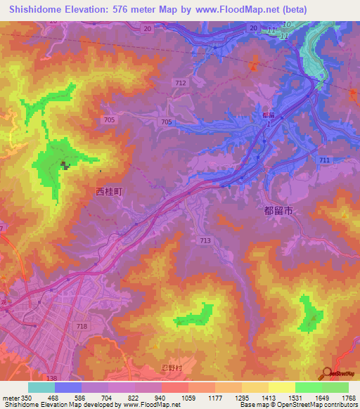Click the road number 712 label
pyautogui.click(x=181, y=83)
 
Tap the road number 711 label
pyautogui.click(x=324, y=161)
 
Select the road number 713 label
pyautogui.click(x=205, y=241)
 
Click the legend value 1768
pyautogui.click(x=349, y=398)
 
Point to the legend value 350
pyautogui.click(x=26, y=398)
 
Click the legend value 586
pyautogui.click(x=82, y=398)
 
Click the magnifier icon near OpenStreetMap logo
pyautogui.click(x=327, y=373)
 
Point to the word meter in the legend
pyautogui.click(x=10, y=398)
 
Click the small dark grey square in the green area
pyautogui.click(x=65, y=166)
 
